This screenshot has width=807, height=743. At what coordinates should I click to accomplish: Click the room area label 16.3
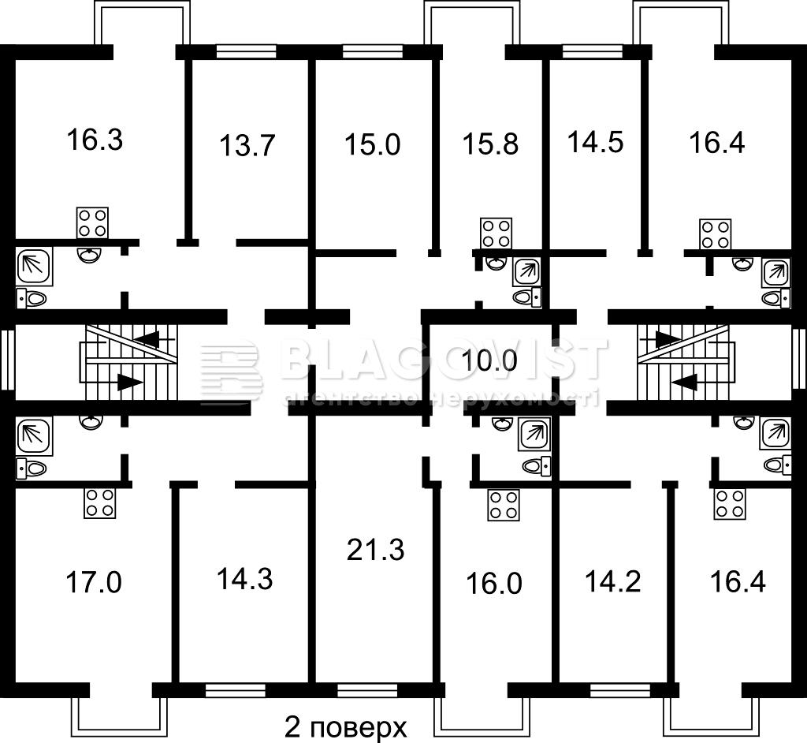pos(95,140)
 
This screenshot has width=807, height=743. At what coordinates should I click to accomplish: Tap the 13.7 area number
pos(247,145)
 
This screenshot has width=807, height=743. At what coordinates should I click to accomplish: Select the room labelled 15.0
pos(373,144)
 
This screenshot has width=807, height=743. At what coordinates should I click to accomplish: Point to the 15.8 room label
pos(490,144)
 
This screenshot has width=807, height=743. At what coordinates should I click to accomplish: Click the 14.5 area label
pos(596,142)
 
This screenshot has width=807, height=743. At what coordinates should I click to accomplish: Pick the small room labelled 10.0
pos(489,360)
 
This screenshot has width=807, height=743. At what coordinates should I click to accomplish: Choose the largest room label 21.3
pos(376,550)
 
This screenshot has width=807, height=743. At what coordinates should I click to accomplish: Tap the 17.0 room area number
pos(94,583)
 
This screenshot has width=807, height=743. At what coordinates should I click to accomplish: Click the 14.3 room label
pos(245,579)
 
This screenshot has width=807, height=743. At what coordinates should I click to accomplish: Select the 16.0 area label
pos(494,584)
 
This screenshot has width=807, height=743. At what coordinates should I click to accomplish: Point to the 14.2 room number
pos(613,582)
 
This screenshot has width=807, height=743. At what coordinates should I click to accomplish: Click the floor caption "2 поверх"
pos(346,727)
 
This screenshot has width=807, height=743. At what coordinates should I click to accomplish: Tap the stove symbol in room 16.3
pos(92,222)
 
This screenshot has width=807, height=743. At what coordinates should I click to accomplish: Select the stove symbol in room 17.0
pos(100,503)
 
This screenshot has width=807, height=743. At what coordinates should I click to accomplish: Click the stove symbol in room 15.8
pos(496,233)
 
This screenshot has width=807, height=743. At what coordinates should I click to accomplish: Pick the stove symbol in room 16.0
pos(504,505)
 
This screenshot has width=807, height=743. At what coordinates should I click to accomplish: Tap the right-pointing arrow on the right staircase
pos(668,338)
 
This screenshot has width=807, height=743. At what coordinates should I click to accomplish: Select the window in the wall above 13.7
pos(246,51)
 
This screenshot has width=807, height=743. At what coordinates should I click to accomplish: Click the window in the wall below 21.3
pos(367,689)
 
